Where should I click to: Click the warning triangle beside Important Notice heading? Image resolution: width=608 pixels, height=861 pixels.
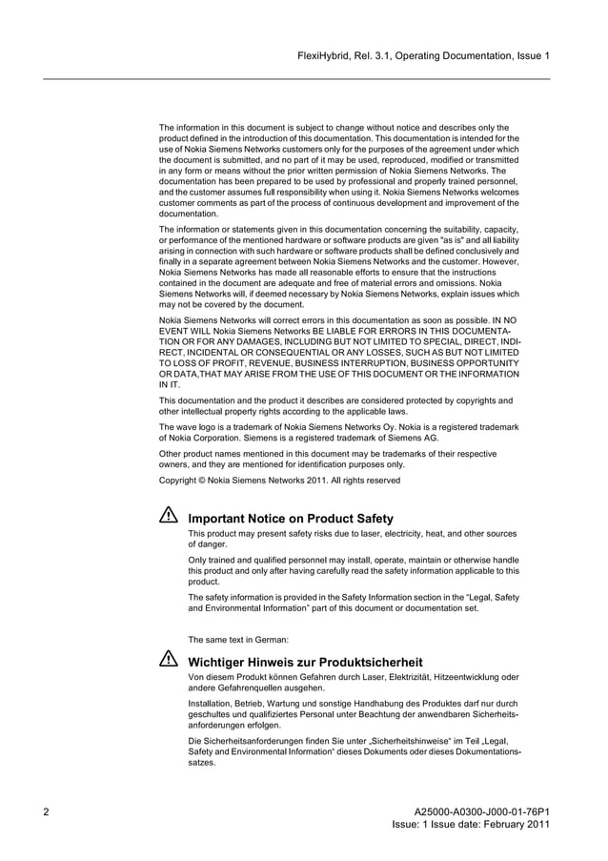coord(169,515)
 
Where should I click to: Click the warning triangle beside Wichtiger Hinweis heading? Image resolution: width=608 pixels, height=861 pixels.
coord(169,659)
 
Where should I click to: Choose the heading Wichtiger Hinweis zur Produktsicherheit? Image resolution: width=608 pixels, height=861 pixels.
coord(306,662)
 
